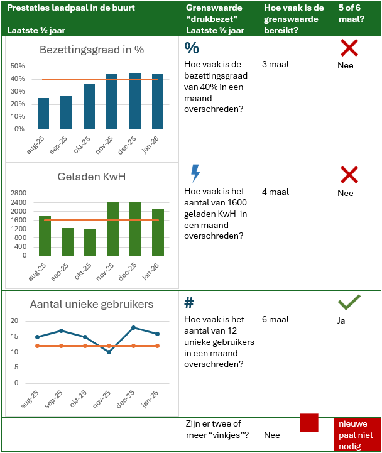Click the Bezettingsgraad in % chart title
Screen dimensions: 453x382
pos(92,50)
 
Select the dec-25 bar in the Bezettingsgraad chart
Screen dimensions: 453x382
pos(134,101)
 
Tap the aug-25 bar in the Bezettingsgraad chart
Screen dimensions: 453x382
pos(43,113)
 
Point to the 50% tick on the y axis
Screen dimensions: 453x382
pos(18,66)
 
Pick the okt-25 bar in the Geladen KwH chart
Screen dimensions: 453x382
pos(89,242)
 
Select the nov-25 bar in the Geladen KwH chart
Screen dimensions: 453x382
pos(112,229)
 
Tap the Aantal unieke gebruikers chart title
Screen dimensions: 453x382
pos(92,305)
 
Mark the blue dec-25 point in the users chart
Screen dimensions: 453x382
pos(134,327)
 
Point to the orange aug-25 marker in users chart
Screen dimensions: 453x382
pos(38,346)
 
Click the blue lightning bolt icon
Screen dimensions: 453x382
pos(195,173)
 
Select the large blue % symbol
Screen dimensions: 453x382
pos(192,48)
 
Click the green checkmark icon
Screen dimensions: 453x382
pos(349,303)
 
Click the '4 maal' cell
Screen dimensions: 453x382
pos(275,192)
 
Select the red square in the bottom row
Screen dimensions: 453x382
pos(309,423)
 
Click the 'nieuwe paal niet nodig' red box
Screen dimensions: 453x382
pos(356,434)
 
